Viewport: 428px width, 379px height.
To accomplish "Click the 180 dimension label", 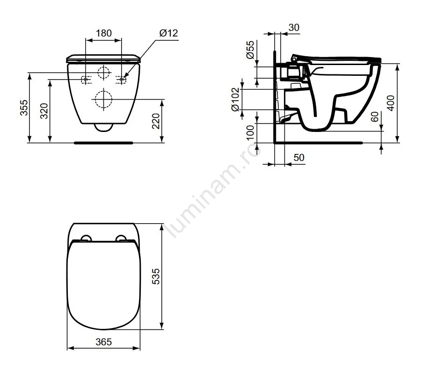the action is [104, 33].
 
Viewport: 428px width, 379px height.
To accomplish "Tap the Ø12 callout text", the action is [169, 33].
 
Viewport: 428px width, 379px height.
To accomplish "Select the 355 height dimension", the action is [24, 108].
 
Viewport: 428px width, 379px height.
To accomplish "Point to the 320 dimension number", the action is [44, 111].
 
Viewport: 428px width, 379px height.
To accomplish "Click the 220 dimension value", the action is [156, 121].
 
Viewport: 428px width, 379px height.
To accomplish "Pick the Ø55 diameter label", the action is [250, 50].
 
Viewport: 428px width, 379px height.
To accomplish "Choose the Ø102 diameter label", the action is [235, 99].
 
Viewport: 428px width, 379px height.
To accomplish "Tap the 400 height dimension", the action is [391, 103].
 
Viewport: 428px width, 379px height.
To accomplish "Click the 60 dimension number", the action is [375, 117].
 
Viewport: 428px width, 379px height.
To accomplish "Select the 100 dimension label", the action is [250, 132].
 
